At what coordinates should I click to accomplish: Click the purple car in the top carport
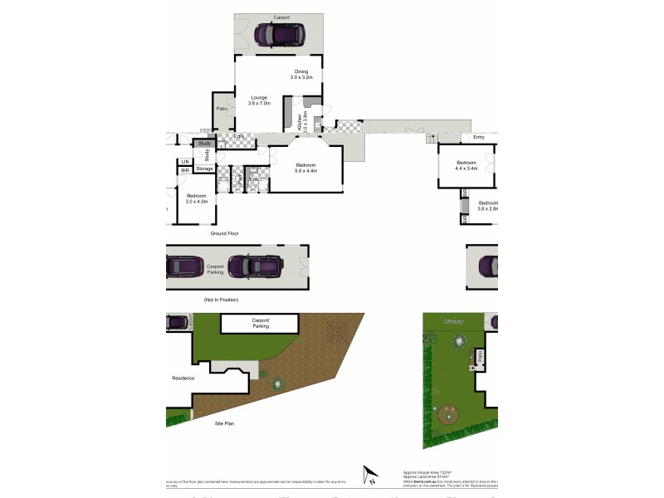280,36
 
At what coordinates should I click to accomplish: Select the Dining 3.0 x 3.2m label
300,74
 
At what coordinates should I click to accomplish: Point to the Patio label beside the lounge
222,109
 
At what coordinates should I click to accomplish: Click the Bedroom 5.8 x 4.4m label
306,168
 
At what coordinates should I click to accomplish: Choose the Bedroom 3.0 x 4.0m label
197,198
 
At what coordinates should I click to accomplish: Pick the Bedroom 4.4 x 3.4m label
466,165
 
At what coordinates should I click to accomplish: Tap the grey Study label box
205,144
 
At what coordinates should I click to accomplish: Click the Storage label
204,168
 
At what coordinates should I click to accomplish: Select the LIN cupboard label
185,161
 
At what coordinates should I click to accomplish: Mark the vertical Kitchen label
299,122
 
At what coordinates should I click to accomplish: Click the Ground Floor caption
224,233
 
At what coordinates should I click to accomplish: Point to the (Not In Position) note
220,299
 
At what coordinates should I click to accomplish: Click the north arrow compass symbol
369,476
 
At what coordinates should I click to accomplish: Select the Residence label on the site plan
183,378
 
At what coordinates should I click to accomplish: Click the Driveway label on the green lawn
453,321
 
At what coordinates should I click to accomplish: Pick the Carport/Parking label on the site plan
261,323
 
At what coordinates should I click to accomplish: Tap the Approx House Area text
426,470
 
